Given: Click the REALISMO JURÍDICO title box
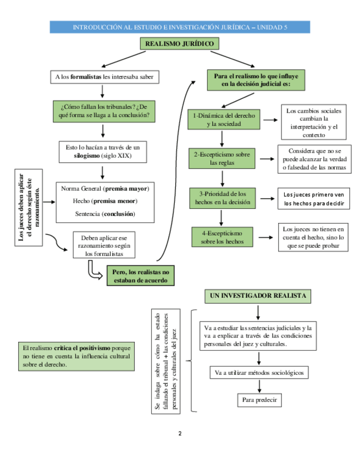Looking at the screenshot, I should click(x=180, y=44).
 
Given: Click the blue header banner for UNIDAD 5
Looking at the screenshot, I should click(x=180, y=27).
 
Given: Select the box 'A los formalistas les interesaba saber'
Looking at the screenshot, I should click(x=104, y=77).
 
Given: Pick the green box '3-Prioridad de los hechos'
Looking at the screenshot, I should click(x=223, y=198).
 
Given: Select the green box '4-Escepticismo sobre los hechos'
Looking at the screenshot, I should click(x=223, y=236).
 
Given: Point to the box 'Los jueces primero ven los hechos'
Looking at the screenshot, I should click(x=314, y=198).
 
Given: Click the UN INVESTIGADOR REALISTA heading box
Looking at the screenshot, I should click(x=257, y=296).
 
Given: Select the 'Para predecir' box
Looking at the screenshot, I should click(x=259, y=400).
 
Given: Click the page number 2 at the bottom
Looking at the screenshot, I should click(x=180, y=434).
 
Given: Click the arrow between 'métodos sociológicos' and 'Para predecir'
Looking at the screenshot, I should click(x=259, y=386).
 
